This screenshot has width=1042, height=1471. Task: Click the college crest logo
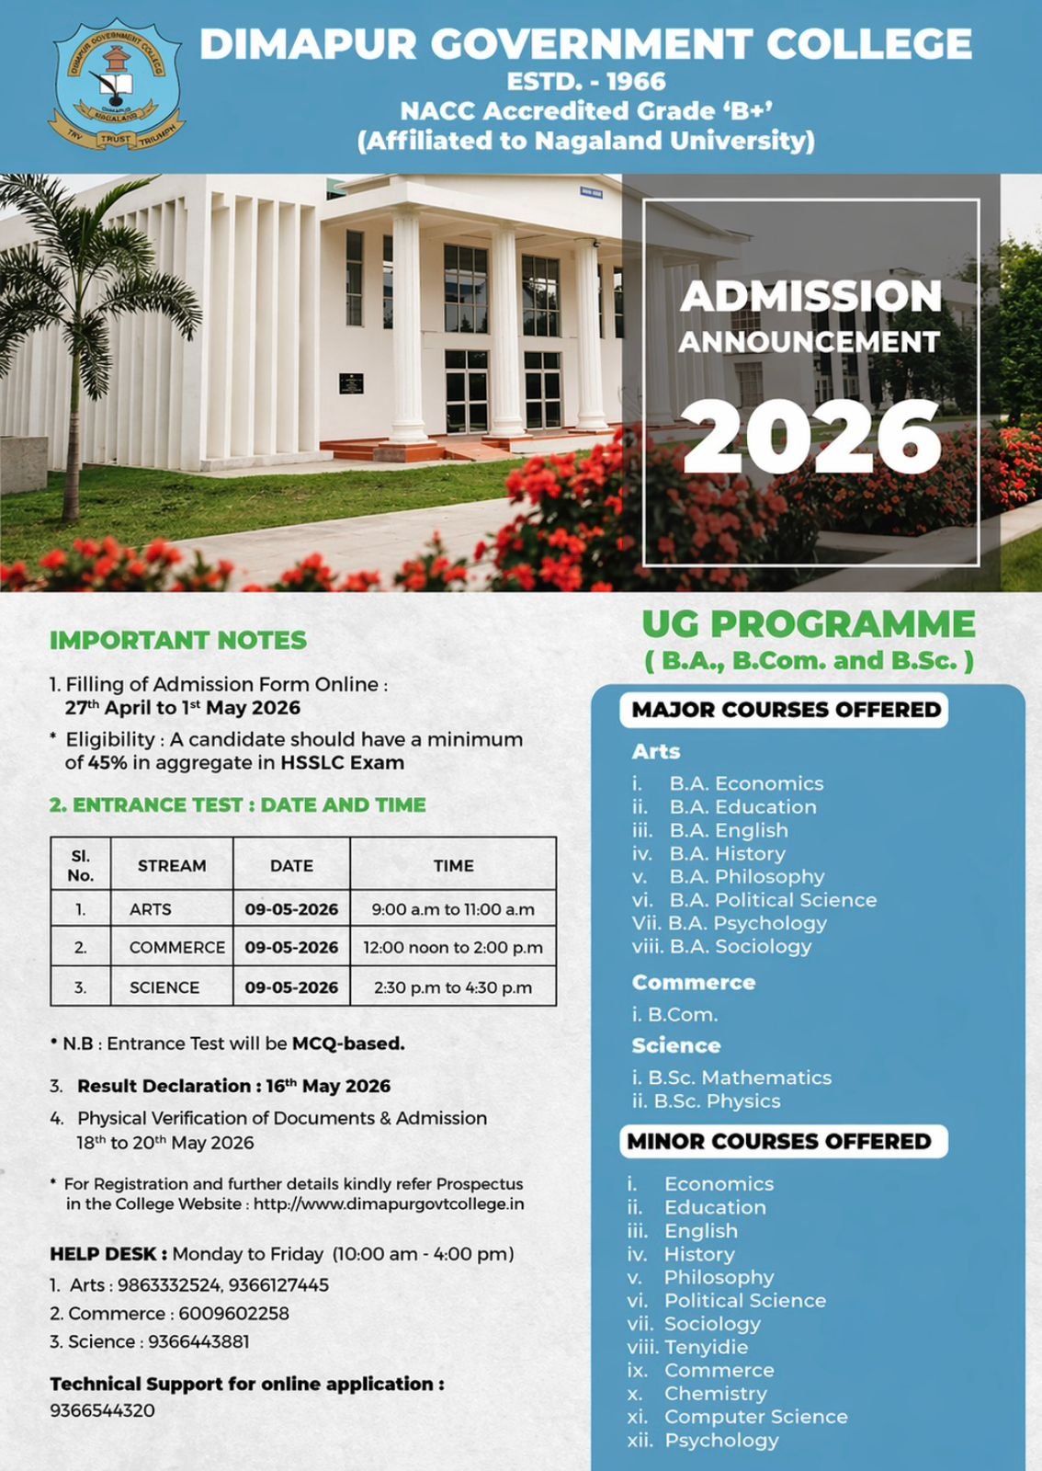116,85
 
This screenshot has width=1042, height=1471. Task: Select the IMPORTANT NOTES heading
178,641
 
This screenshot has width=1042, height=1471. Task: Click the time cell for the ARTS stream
453,909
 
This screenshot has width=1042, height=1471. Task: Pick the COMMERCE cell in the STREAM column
176,948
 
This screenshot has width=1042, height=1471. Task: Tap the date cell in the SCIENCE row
291,987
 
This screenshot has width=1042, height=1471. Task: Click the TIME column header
453,865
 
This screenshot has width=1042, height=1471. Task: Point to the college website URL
389,1204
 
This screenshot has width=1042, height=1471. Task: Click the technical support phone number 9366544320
102,1410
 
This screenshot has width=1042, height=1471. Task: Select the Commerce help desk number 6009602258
233,1314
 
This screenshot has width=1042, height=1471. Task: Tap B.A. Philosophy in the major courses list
746,876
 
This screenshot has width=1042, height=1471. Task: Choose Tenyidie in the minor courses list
706,1347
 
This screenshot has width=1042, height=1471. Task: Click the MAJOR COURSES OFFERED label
786,710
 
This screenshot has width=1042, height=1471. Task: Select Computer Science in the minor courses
755,1417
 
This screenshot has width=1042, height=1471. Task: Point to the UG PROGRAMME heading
809,624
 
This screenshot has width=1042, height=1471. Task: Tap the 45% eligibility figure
108,763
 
